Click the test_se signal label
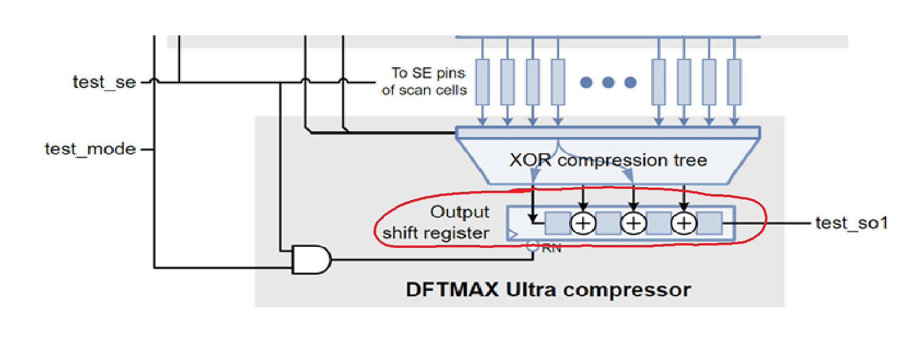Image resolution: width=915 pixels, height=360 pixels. [x=104, y=82]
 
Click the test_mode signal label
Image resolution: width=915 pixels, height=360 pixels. [x=90, y=149]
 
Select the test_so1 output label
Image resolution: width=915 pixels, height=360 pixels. [x=851, y=223]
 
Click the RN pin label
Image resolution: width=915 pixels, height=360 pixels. [x=551, y=248]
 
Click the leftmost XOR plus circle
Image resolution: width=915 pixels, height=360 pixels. [x=583, y=223]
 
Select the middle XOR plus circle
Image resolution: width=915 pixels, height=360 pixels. [x=633, y=223]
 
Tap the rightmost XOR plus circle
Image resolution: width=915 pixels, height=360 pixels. [x=684, y=223]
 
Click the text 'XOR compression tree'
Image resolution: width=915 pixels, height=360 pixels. [x=607, y=161]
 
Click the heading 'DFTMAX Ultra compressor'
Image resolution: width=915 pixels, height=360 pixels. [x=548, y=290]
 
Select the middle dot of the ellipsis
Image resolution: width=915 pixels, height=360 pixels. [x=608, y=83]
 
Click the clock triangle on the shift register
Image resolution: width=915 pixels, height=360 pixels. [x=511, y=235]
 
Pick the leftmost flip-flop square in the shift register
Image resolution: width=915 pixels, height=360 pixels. [x=557, y=223]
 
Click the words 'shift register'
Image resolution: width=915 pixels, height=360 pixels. [x=436, y=233]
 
